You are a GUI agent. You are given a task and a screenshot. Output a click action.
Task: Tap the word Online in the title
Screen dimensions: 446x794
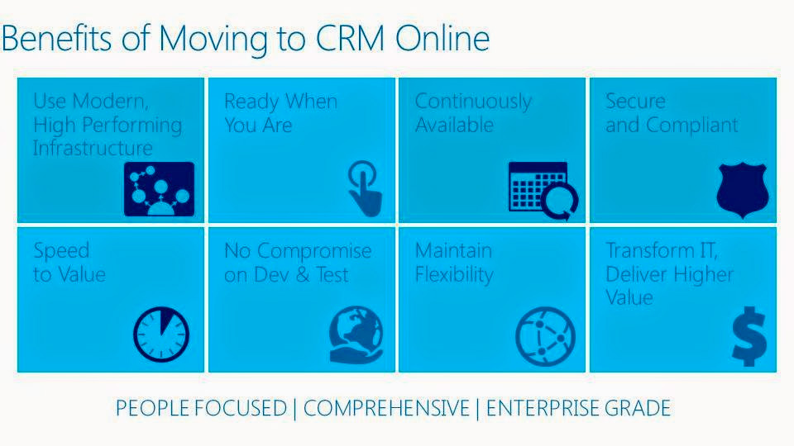(442, 39)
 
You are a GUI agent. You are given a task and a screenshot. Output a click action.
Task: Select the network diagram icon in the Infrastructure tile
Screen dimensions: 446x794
(159, 189)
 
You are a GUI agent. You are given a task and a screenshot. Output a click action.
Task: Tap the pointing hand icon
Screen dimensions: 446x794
(364, 189)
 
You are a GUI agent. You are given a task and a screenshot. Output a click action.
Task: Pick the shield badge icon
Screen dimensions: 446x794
(743, 190)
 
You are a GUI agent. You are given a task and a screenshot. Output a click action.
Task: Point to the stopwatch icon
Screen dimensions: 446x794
(161, 335)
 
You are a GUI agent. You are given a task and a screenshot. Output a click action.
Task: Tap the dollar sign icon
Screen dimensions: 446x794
(749, 336)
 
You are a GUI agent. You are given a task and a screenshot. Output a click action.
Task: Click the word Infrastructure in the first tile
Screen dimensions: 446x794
(93, 149)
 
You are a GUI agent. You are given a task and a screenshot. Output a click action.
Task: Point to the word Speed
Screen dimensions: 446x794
(61, 250)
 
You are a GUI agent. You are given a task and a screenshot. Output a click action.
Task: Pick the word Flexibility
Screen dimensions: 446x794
(454, 274)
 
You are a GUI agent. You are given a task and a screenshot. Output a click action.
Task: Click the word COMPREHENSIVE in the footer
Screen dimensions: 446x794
(385, 408)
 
